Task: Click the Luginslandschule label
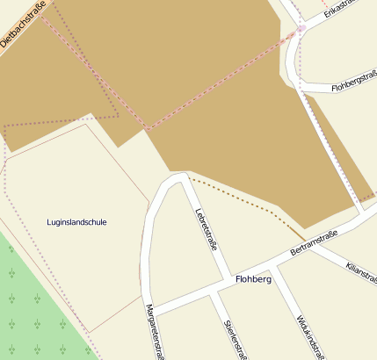(x=76, y=222)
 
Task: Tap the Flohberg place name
(x=254, y=279)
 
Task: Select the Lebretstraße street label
(x=206, y=227)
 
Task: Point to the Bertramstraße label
(x=314, y=244)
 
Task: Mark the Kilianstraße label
(x=361, y=272)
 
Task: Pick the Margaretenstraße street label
(x=156, y=330)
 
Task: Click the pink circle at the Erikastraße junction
(x=301, y=29)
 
